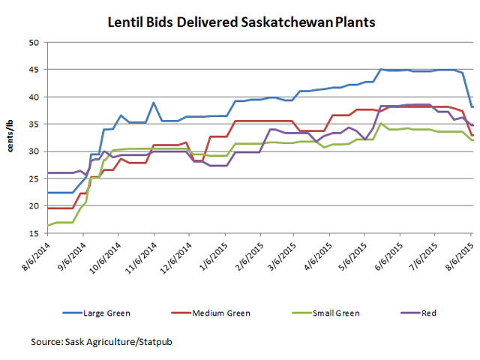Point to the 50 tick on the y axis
tap(34, 43)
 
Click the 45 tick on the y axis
tap(34, 70)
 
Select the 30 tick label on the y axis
tap(34, 151)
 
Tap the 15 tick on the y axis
tap(34, 233)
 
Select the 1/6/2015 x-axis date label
tap(213, 259)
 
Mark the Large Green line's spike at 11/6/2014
tap(153, 103)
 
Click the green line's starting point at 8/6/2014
tap(47, 226)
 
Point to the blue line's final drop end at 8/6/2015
tap(471, 106)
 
